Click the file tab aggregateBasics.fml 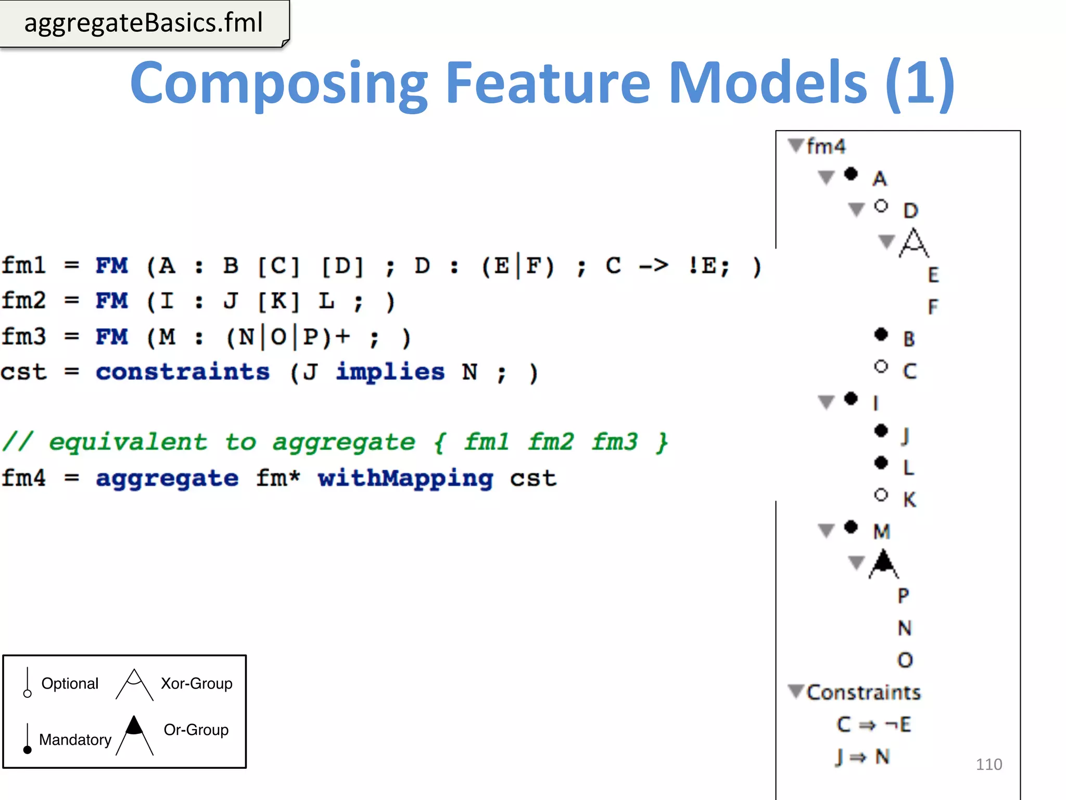coord(144,23)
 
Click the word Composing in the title coord(278,83)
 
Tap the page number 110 coord(988,764)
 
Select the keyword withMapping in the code coord(405,478)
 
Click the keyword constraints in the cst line coord(183,372)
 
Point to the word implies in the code coord(390,372)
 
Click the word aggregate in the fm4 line coord(167,478)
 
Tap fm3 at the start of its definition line coord(24,336)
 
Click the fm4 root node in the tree coord(826,146)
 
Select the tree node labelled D coord(910,210)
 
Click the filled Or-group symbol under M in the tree coord(884,564)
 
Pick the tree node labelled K coord(909,499)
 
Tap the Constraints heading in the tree coord(863,692)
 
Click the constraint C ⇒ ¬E coord(873,724)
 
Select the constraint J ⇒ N coord(862,757)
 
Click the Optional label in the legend coord(70,683)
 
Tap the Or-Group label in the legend coord(196,730)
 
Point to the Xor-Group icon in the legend coord(134,684)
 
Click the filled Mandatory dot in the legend coord(28,749)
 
